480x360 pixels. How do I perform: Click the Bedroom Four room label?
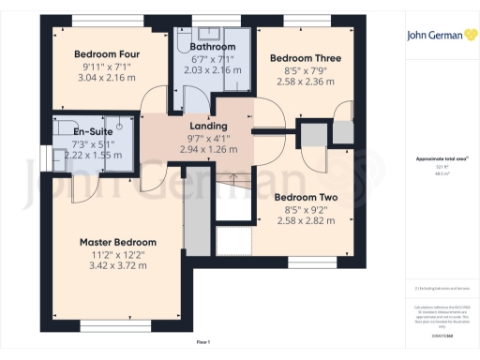[107, 54]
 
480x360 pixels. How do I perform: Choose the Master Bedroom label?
[117, 242]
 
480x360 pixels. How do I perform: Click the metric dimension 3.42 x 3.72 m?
[117, 265]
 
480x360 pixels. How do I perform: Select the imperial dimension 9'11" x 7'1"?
[107, 66]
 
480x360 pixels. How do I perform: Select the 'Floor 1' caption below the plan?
[202, 342]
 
